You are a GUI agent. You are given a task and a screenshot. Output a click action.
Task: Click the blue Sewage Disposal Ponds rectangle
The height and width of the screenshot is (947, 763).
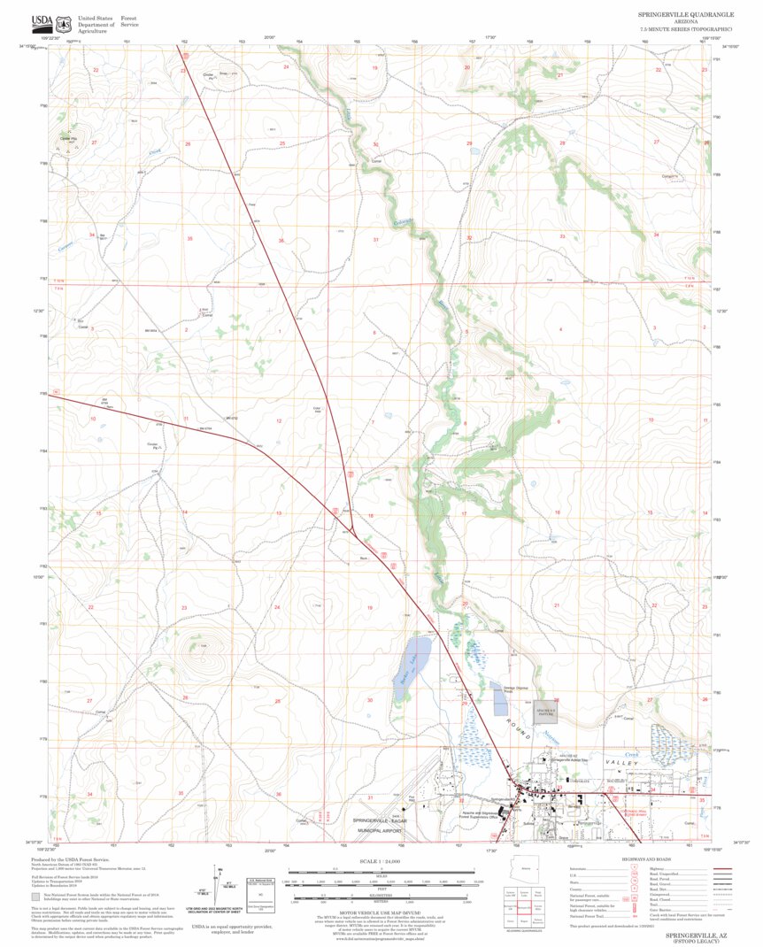(x=499, y=699)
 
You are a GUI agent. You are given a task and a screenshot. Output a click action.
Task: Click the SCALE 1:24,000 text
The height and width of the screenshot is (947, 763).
(x=381, y=861)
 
